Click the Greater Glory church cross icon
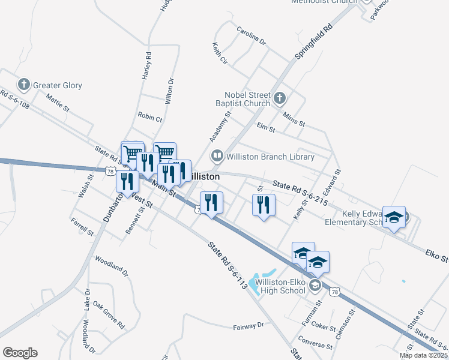(24, 85)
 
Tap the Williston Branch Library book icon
(216, 157)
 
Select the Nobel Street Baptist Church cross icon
(279, 98)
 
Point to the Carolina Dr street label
(251, 35)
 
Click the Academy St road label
(220, 126)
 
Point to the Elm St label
(265, 127)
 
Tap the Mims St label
(294, 116)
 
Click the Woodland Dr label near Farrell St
(112, 265)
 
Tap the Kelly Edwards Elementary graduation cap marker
(394, 217)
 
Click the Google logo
(20, 353)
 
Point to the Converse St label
(315, 346)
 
